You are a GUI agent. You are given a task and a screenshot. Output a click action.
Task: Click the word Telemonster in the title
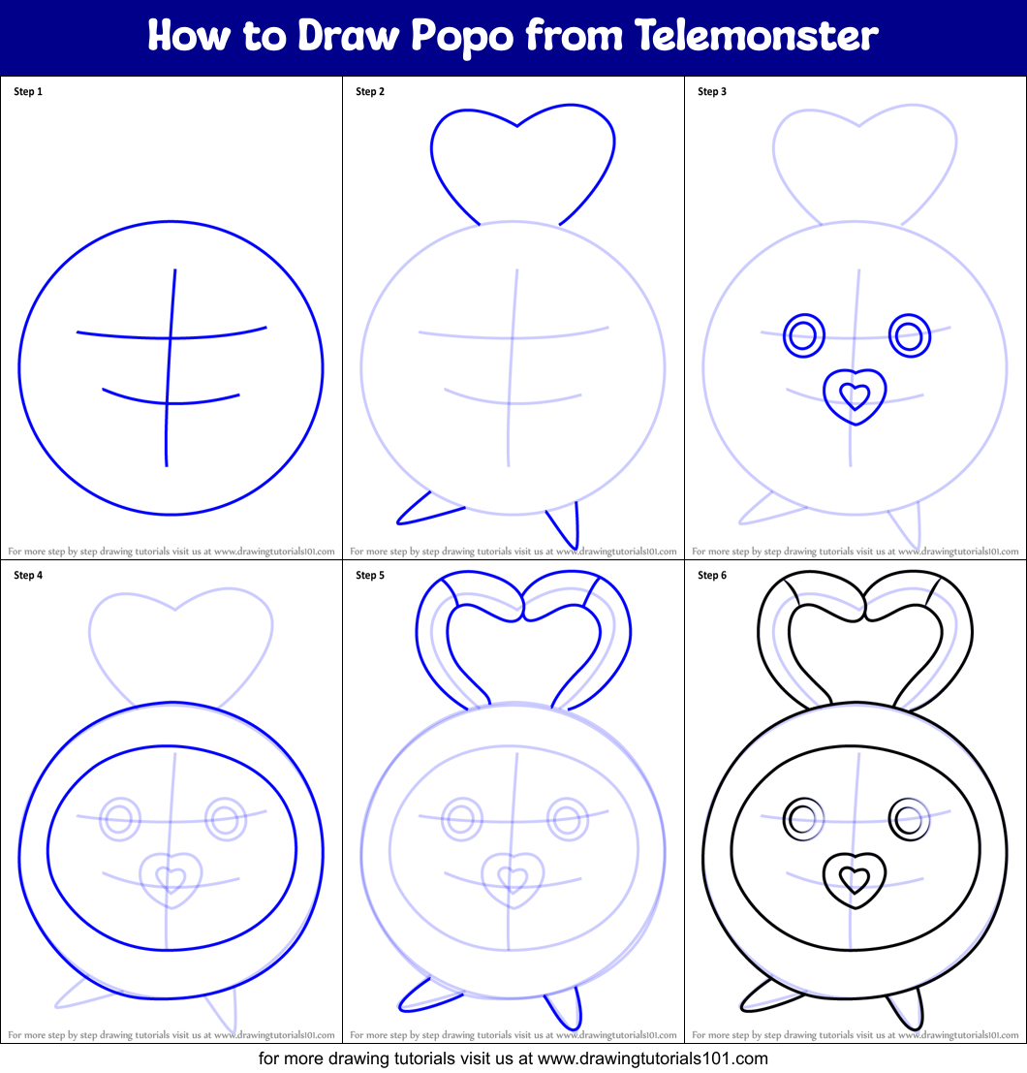(x=758, y=36)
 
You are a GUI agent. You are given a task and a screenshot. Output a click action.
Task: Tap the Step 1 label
(x=28, y=92)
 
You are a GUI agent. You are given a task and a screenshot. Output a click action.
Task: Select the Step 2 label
(x=370, y=92)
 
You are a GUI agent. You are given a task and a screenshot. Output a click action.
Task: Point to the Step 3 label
(x=712, y=92)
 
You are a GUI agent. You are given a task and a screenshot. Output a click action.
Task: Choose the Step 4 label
(x=28, y=576)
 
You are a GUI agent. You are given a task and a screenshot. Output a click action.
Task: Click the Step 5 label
(x=370, y=576)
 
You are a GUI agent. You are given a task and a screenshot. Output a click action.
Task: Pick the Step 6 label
(x=712, y=576)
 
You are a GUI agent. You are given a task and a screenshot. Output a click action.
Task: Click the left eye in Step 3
(x=802, y=336)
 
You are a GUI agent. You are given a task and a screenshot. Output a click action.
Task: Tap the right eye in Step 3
(x=909, y=336)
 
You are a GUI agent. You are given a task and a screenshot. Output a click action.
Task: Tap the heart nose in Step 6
(x=855, y=879)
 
